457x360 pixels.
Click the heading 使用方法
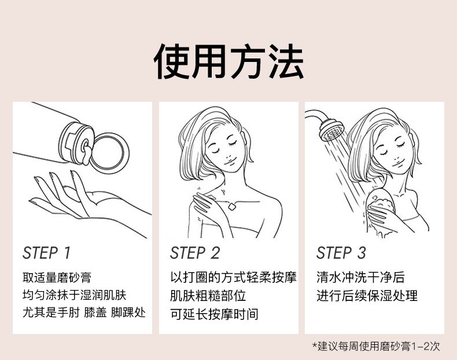click(x=229, y=61)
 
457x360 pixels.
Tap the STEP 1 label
click(x=47, y=253)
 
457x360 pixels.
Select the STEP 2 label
click(x=195, y=253)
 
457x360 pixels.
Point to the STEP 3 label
click(x=341, y=253)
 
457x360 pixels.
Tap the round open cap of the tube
click(x=109, y=153)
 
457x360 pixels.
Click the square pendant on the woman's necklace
click(x=232, y=207)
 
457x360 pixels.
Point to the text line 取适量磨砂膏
click(x=57, y=277)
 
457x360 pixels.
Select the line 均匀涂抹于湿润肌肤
click(x=74, y=295)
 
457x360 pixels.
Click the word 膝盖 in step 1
click(x=95, y=313)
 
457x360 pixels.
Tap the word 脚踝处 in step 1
click(x=128, y=313)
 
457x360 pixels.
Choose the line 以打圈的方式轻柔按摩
click(x=234, y=277)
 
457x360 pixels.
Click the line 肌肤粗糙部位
click(x=208, y=296)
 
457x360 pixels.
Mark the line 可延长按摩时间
click(x=214, y=314)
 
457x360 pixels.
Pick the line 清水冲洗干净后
click(x=360, y=277)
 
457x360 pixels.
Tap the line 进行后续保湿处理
click(x=367, y=296)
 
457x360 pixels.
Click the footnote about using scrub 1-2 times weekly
click(x=376, y=346)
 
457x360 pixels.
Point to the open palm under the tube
click(x=87, y=201)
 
